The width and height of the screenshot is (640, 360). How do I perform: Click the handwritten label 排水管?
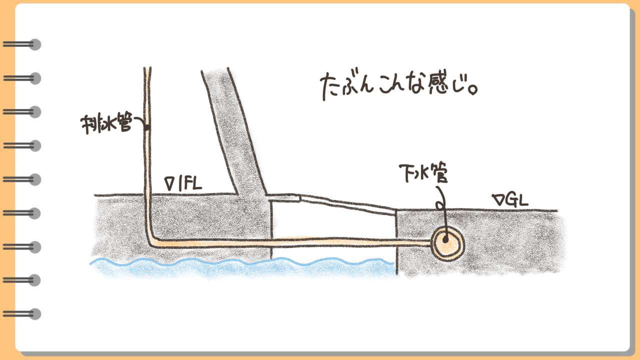click(x=106, y=124)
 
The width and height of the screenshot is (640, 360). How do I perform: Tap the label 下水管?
click(x=423, y=173)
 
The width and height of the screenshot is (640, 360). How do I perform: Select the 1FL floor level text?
click(x=190, y=183)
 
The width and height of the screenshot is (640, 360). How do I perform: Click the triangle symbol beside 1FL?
click(x=169, y=183)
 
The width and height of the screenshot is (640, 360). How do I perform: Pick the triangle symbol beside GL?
click(x=498, y=199)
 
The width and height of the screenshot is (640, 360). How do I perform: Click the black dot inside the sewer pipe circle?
click(x=445, y=240)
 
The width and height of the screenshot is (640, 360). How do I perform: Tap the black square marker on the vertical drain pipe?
click(x=147, y=127)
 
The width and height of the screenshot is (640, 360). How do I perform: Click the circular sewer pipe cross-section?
click(x=447, y=244)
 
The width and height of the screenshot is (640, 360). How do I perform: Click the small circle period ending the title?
click(x=473, y=90)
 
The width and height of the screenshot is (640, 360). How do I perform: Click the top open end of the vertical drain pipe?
click(x=147, y=68)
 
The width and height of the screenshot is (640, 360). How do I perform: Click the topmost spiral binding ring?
click(x=22, y=44)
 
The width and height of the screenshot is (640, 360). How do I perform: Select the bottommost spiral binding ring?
click(x=22, y=314)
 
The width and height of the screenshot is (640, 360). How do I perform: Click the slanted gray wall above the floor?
click(x=233, y=131)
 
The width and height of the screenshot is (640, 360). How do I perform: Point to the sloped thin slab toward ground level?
click(x=347, y=204)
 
